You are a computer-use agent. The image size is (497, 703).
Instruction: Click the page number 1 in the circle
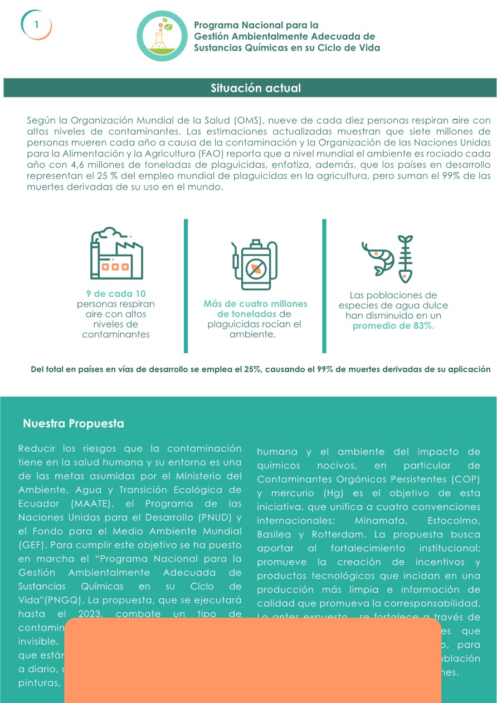point(36,25)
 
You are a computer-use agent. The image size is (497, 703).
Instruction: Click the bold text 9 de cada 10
point(116,294)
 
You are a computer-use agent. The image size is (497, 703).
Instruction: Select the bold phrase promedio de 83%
point(393,326)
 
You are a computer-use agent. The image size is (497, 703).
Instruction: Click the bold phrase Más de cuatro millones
point(255,304)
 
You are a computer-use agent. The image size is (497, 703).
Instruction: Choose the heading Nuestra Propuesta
point(74,424)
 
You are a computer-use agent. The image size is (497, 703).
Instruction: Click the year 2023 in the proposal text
point(85,614)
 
